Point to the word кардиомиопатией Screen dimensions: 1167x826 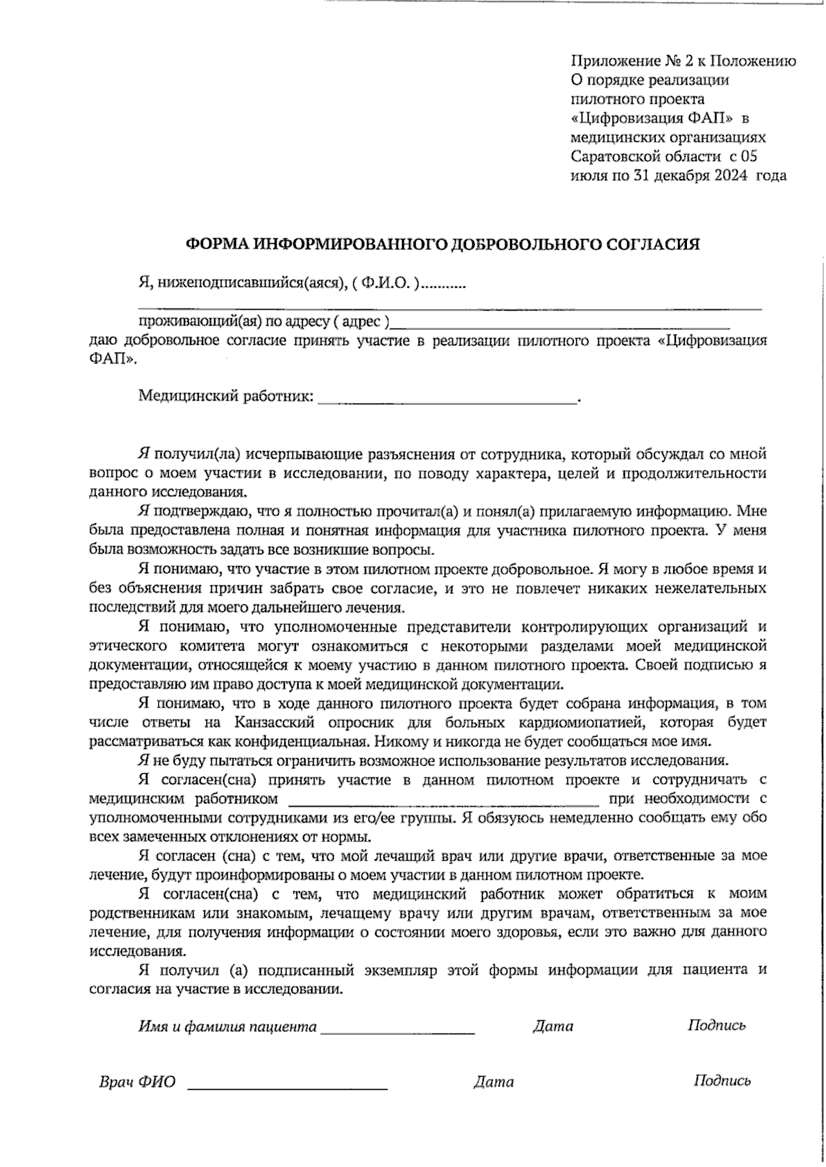[586, 723]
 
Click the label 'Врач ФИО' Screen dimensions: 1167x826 [138, 1082]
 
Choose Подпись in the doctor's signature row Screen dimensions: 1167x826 [722, 1080]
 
